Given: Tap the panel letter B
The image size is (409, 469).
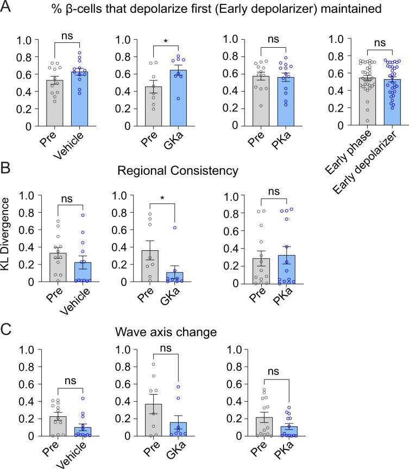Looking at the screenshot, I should click(x=7, y=170).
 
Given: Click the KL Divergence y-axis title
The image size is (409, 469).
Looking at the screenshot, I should click(x=7, y=238).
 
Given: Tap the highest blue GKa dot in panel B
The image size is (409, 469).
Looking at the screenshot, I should click(x=175, y=227).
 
